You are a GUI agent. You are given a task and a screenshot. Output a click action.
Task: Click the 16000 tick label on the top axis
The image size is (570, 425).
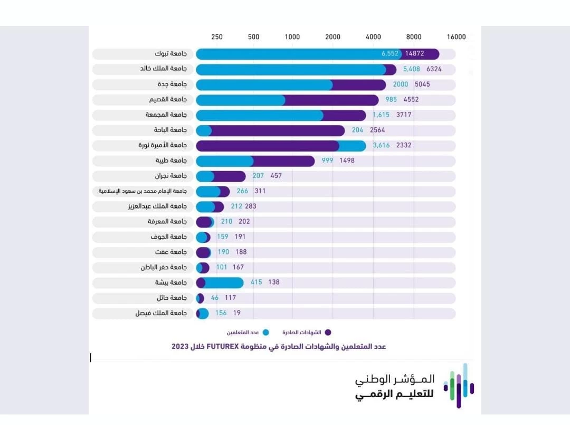pos(456,37)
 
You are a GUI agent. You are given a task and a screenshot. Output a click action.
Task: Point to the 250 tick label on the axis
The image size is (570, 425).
pos(217,37)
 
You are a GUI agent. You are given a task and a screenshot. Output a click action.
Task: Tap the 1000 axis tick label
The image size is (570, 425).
pos(292,37)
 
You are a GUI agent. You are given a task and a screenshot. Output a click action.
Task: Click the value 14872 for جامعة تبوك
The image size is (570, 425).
pos(415,54)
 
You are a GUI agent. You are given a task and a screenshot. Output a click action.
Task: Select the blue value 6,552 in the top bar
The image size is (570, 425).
pos(390,54)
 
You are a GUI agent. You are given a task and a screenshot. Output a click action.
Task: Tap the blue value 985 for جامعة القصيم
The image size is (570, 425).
pos(391,100)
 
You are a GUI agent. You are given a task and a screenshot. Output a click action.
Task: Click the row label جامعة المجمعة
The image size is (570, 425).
pos(166,115)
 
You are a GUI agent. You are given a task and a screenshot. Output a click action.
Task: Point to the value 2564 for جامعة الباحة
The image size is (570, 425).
pos(381,130)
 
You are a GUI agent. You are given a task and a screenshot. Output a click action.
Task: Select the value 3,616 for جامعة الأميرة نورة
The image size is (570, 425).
pos(381,146)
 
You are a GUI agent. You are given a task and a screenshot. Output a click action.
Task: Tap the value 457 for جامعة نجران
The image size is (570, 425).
pos(276,176)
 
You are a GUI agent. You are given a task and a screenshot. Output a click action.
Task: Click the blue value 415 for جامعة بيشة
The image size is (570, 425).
pos(256,282)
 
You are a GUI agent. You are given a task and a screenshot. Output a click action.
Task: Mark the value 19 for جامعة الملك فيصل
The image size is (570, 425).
pos(237,313)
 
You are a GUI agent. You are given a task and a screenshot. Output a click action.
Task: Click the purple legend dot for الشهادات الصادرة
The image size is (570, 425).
pos(328,333)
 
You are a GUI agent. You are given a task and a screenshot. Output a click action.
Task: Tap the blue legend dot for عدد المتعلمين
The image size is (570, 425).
pos(266,333)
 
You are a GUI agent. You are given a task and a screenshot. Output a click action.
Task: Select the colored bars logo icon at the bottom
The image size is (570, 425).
pos(458,385)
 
